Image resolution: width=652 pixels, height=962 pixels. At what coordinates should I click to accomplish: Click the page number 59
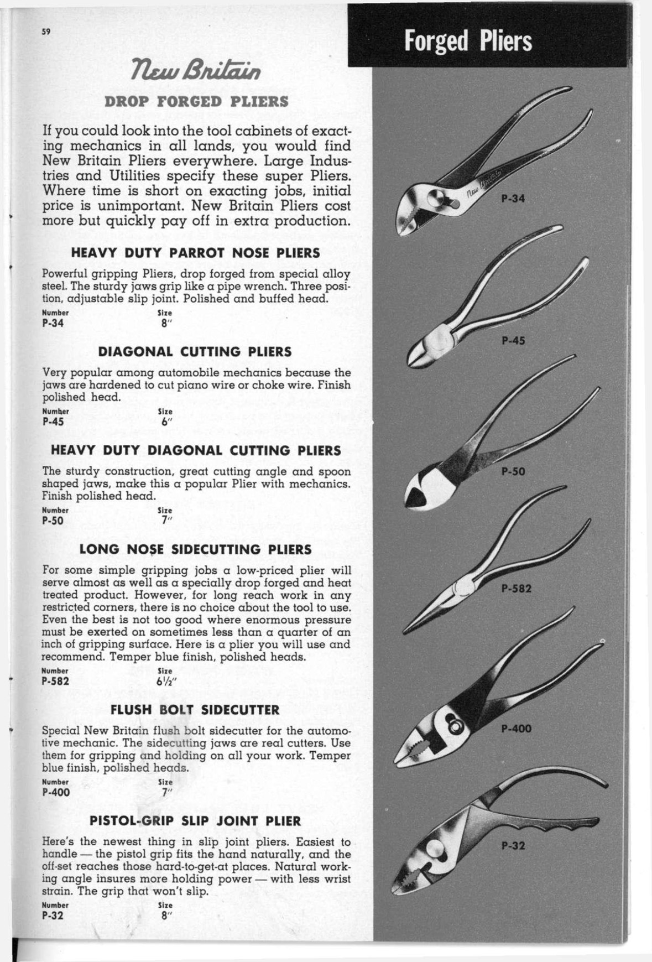tap(46, 31)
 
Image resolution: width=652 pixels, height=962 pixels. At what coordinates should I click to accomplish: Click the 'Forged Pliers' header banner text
tap(468, 41)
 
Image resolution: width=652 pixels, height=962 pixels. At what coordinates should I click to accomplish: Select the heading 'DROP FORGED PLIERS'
tap(197, 102)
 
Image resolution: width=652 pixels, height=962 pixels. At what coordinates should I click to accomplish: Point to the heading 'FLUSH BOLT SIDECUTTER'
tap(195, 710)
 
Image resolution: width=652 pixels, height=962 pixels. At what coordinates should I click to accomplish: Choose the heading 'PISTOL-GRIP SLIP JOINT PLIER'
tap(195, 821)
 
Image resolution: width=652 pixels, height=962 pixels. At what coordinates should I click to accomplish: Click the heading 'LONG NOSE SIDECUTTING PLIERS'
tap(196, 549)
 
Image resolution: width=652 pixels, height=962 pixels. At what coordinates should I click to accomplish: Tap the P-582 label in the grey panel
tap(517, 589)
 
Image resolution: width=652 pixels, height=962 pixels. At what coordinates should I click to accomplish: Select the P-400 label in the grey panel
tap(517, 729)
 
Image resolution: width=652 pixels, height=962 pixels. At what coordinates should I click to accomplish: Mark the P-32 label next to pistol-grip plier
tap(513, 846)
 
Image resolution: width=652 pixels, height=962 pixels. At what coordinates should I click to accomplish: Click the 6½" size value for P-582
tap(166, 681)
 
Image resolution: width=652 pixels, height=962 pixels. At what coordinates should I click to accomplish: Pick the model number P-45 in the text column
tap(53, 422)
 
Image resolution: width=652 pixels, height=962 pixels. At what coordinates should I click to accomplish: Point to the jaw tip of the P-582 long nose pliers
tap(405, 632)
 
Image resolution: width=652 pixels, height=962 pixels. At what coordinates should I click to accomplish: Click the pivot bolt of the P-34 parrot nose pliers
tap(435, 197)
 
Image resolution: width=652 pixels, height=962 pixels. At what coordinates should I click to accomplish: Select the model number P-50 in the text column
tap(53, 521)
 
